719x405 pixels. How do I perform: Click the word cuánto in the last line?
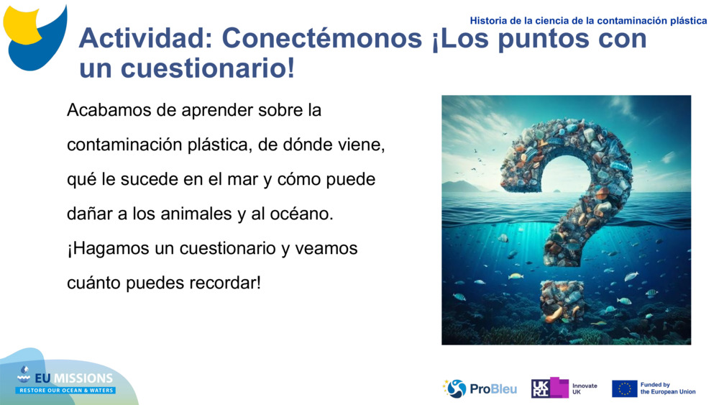[93, 283]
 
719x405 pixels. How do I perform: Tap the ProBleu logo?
[480, 389]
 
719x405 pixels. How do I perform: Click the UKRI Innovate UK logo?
[564, 388]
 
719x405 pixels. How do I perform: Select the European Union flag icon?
[624, 388]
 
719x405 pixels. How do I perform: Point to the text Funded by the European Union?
[667, 388]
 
